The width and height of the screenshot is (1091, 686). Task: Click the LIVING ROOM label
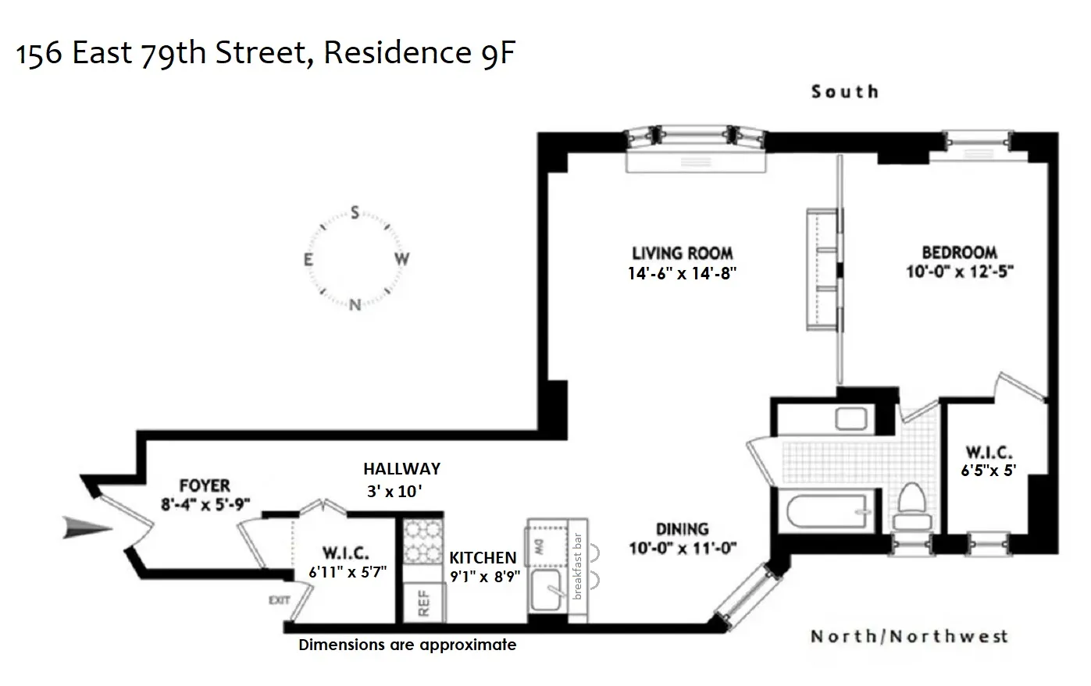pos(682,253)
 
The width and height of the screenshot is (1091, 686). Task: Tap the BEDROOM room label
pos(959,253)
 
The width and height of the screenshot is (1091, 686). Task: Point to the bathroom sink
pos(851,419)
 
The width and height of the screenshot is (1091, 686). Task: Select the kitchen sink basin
pos(549,593)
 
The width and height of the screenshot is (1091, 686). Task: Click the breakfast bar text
pos(578,566)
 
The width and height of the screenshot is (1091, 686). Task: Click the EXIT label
pos(279,600)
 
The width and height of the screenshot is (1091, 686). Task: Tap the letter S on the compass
pos(355,212)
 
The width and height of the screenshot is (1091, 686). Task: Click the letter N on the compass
pos(355,305)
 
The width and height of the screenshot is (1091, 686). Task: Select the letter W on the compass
pos(401,259)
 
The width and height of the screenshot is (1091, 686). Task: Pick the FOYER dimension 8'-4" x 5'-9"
pos(205,504)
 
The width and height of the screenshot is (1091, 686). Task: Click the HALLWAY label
pos(401,469)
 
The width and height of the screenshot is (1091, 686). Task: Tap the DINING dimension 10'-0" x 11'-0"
pos(682,548)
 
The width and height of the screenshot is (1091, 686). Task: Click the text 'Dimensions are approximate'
pos(407,645)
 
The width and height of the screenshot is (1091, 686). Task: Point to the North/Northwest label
pos(909,636)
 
